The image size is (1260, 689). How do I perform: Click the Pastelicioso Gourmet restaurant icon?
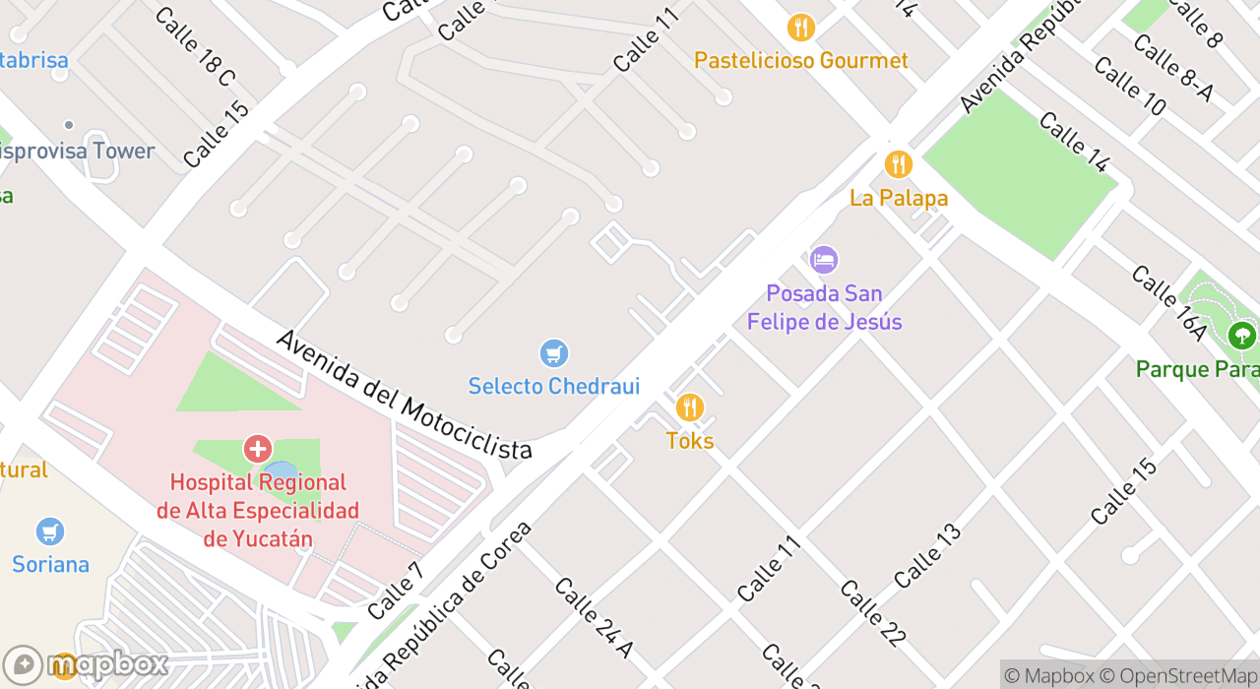[x=801, y=28]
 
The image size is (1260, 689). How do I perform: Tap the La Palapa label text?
[x=899, y=198]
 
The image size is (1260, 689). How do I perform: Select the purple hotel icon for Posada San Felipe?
[x=824, y=260]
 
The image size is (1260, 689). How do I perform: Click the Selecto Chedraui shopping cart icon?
[x=554, y=353]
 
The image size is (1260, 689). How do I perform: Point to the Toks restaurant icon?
[x=690, y=407]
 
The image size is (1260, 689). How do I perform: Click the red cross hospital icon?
[x=258, y=450]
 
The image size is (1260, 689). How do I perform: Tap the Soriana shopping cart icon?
[x=50, y=532]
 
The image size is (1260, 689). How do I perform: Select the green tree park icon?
[x=1242, y=337]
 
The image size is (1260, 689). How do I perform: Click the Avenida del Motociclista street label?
[x=404, y=395]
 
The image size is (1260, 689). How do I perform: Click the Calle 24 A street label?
[x=594, y=617]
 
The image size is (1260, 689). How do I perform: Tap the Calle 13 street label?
[x=927, y=556]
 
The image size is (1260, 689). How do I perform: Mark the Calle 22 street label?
[x=872, y=613]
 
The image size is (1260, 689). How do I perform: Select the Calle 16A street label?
[x=1168, y=303]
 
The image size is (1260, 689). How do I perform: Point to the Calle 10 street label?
[x=1129, y=86]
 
